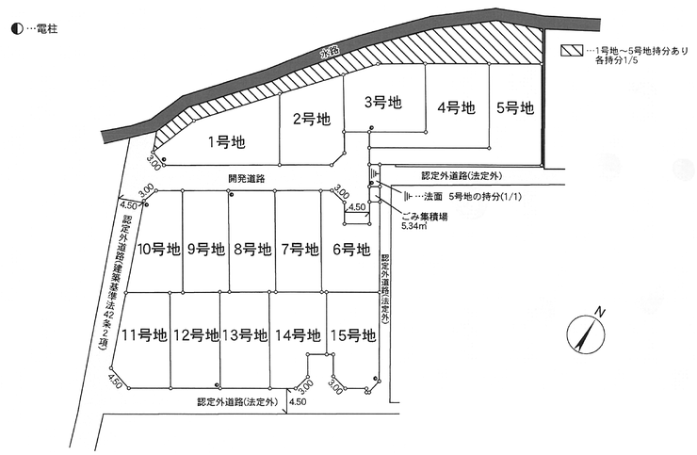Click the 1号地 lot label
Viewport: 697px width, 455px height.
pos(227,142)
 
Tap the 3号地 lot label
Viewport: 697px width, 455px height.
pos(383,103)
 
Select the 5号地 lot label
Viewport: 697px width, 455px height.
pos(515,107)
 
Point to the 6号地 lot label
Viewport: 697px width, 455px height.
pos(351,250)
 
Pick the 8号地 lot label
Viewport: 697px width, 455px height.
pos(252,250)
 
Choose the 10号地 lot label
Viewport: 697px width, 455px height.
pos(158,250)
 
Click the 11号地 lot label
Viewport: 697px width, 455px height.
pos(144,335)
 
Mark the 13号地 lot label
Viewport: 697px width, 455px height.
pos(245,335)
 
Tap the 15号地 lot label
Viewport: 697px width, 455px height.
pos(353,335)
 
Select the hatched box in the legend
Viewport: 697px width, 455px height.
pos(571,50)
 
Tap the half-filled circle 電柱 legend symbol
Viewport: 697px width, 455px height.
pos(17,29)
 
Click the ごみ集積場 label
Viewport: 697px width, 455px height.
pos(424,217)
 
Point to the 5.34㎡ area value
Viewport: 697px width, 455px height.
pos(414,226)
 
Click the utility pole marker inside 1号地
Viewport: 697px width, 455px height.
pos(164,160)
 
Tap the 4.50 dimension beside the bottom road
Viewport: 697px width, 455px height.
pos(298,401)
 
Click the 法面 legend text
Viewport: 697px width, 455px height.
pos(433,196)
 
